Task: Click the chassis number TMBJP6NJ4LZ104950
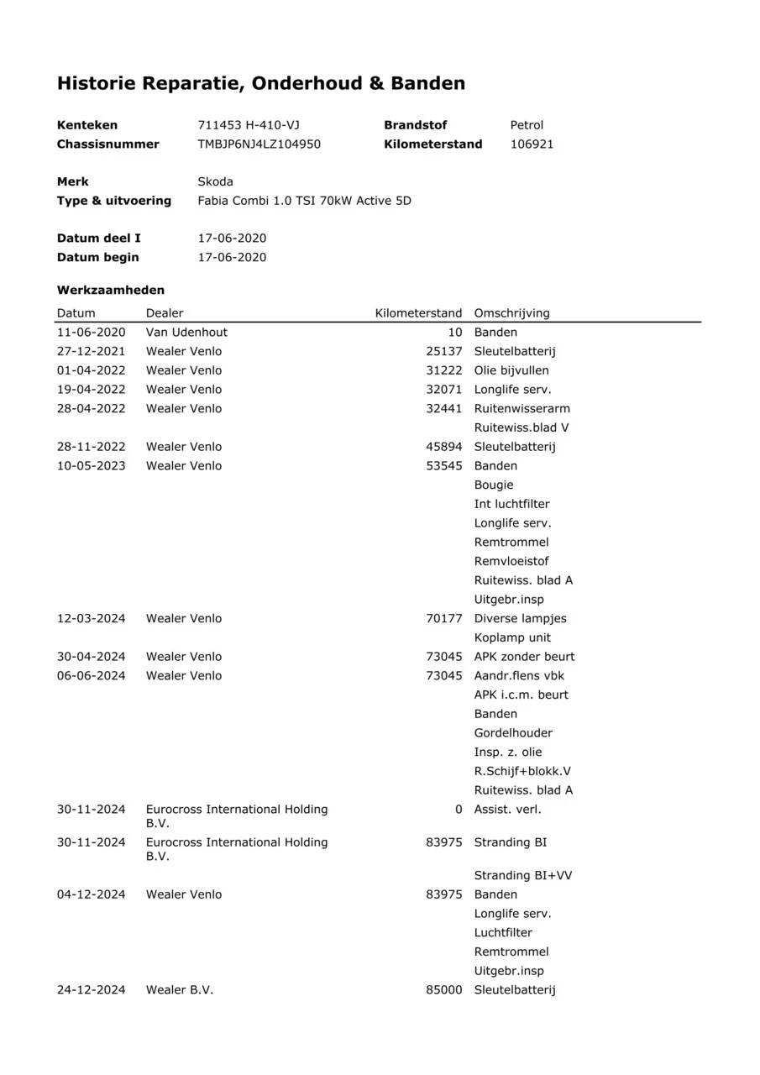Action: pos(259,144)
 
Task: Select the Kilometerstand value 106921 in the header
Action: pos(532,144)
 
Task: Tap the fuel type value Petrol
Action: pos(527,125)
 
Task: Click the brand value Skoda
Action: pos(215,181)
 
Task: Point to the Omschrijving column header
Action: pos(511,313)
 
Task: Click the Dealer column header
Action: pos(165,313)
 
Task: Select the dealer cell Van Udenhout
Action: pos(186,333)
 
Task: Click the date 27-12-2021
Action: pos(91,351)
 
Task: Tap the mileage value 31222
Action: pos(444,370)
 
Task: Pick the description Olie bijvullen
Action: pos(511,370)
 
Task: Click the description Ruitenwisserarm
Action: pos(522,409)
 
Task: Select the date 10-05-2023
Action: pos(91,466)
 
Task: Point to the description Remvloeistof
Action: pos(511,561)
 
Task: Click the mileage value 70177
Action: pos(444,619)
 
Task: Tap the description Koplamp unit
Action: pos(512,637)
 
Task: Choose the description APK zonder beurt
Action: pos(524,657)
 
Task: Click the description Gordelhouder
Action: pos(513,733)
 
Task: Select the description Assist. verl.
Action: pos(507,810)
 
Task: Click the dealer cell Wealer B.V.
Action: pos(180,990)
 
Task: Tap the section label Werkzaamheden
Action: pos(111,290)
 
